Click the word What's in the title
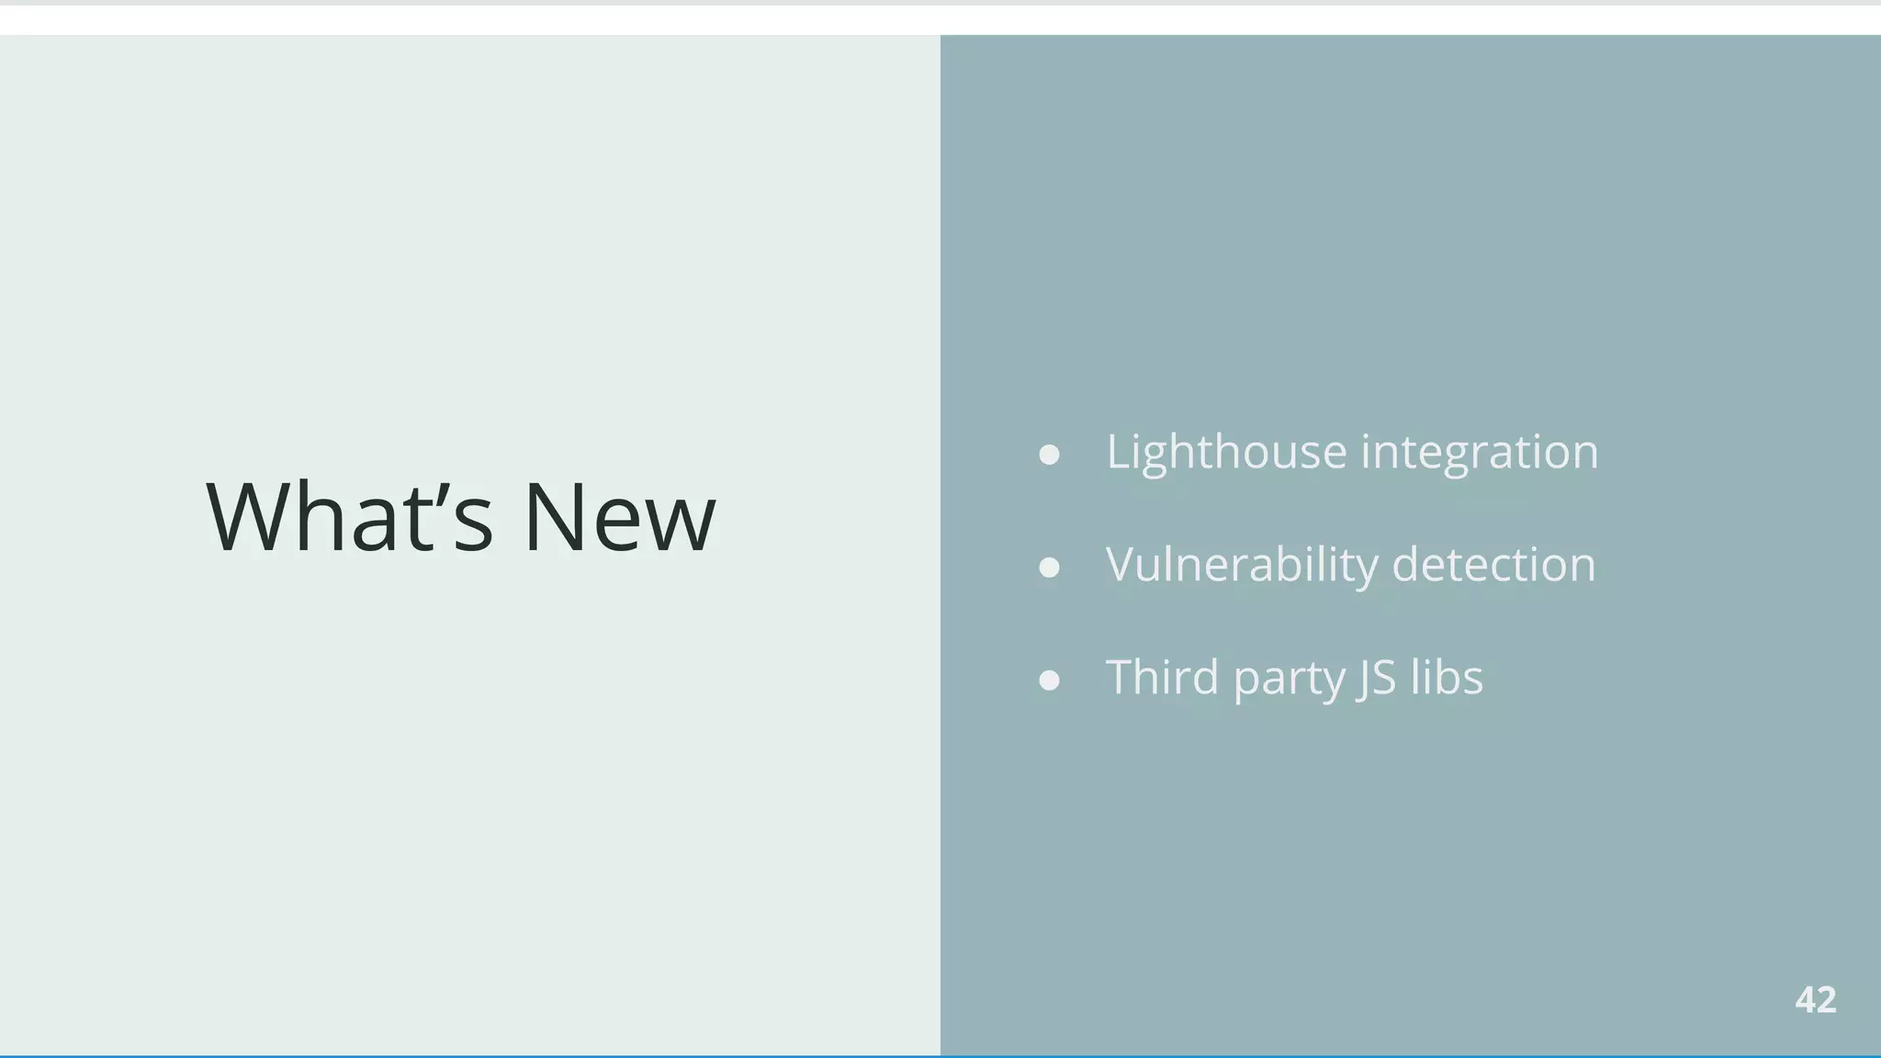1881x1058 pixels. click(x=350, y=516)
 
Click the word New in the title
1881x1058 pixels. click(x=619, y=516)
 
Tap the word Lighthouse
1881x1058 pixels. click(x=1226, y=452)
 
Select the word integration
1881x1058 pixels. click(x=1479, y=452)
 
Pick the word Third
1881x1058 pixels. click(x=1163, y=678)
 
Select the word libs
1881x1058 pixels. click(x=1447, y=678)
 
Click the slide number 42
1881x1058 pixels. click(x=1815, y=1000)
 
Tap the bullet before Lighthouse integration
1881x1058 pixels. click(x=1049, y=455)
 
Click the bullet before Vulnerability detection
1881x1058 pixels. click(x=1049, y=568)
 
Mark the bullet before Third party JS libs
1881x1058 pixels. click(x=1049, y=681)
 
